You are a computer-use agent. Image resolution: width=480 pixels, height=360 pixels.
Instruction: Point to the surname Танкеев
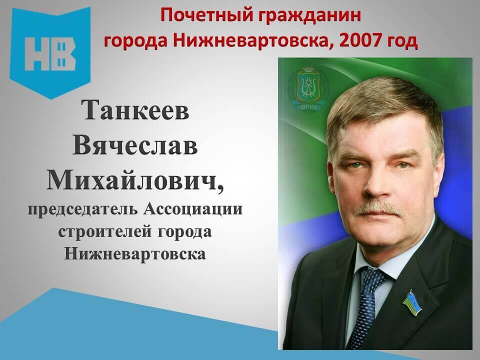(x=135, y=110)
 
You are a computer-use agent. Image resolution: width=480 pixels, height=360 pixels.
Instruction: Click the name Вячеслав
(x=135, y=145)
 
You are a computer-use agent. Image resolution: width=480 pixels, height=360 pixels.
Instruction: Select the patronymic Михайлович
(x=135, y=180)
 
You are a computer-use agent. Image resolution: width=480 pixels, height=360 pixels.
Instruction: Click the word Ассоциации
(x=193, y=209)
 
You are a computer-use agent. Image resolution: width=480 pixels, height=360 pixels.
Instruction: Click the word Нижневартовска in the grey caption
(x=135, y=254)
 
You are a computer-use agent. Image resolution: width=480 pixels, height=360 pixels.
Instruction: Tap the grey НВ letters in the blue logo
(x=50, y=54)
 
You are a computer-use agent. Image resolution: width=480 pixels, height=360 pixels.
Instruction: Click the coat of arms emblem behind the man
(x=308, y=88)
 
